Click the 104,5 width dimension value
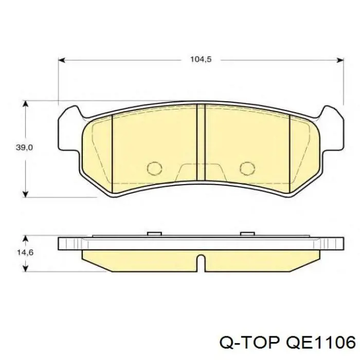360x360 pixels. point(201,60)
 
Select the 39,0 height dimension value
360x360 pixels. point(24,148)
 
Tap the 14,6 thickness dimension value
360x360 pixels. point(25,253)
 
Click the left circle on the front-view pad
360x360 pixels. point(154,169)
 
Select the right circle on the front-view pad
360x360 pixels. point(247,169)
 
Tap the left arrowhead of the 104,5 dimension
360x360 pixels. point(62,60)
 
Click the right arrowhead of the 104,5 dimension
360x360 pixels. point(340,60)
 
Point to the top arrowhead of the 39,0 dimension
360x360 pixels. point(26,104)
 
